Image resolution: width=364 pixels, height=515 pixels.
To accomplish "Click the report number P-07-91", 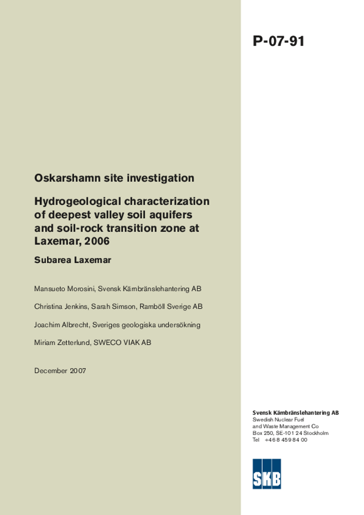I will click(279, 41).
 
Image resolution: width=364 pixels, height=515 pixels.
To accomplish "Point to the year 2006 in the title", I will click(98, 241).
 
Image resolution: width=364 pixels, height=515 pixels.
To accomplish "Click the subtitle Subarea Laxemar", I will click(72, 261).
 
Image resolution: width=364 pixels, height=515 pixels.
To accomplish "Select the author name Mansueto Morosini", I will click(64, 289).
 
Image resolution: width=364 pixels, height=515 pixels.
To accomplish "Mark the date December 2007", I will click(60, 371).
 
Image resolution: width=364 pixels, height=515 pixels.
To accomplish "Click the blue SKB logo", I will click(266, 473).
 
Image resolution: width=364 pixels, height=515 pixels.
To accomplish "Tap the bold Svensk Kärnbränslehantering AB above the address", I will click(295, 413).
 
